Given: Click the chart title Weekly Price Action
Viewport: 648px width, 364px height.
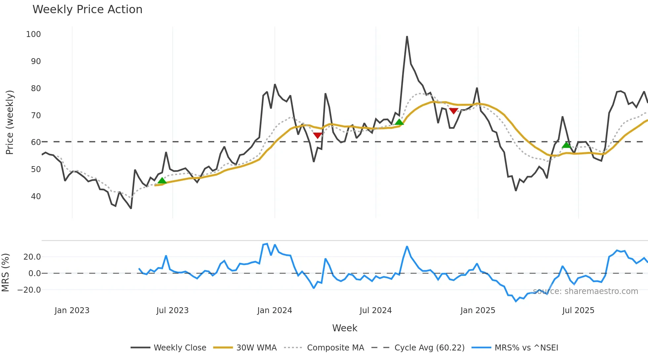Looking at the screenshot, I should pyautogui.click(x=87, y=9).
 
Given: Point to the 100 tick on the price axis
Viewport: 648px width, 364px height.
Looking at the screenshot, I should pyautogui.click(x=33, y=34).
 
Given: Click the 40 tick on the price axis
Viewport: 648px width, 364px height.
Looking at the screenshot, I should pyautogui.click(x=36, y=196).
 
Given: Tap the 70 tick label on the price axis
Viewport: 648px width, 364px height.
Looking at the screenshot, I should pyautogui.click(x=36, y=115).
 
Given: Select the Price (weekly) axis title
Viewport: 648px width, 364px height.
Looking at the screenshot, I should pyautogui.click(x=10, y=122).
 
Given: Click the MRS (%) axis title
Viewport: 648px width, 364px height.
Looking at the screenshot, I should pyautogui.click(x=5, y=273).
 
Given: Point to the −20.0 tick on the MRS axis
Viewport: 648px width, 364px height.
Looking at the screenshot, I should pyautogui.click(x=29, y=290).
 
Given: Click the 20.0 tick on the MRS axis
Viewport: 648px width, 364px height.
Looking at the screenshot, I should pyautogui.click(x=32, y=257).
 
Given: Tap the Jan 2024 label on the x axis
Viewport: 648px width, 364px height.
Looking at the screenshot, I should pyautogui.click(x=274, y=310).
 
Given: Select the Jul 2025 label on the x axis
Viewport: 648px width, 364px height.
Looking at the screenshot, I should pyautogui.click(x=578, y=310).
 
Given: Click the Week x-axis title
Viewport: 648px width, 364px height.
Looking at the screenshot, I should pyautogui.click(x=344, y=328).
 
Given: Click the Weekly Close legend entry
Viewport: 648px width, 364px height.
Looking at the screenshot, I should pyautogui.click(x=169, y=347).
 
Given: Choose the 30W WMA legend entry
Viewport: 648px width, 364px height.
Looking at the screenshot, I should pyautogui.click(x=245, y=347).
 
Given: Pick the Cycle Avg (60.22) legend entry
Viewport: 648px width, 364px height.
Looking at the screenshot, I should pyautogui.click(x=418, y=347).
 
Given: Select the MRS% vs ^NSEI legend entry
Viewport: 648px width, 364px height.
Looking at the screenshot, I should pyautogui.click(x=515, y=347).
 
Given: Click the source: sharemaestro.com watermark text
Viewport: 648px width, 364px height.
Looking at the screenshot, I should pyautogui.click(x=585, y=291).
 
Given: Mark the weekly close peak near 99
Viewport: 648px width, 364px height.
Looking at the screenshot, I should pyautogui.click(x=407, y=36).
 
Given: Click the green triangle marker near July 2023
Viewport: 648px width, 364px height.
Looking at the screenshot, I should pyautogui.click(x=162, y=180).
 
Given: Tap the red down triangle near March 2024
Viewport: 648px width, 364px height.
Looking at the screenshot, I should pyautogui.click(x=317, y=135).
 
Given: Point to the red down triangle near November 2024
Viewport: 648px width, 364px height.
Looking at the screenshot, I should pyautogui.click(x=454, y=111).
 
